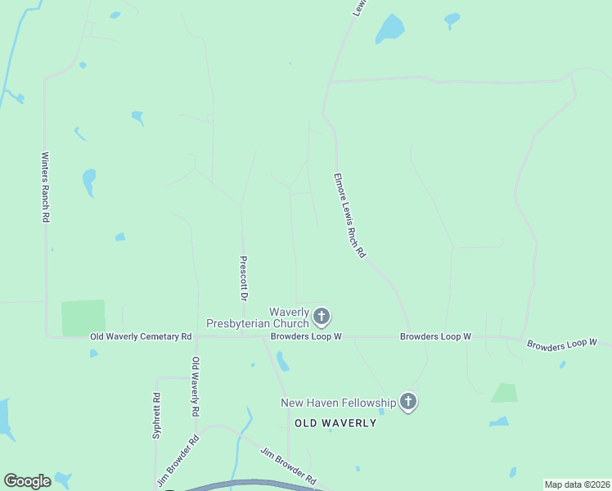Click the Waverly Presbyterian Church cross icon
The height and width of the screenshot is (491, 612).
point(322,316)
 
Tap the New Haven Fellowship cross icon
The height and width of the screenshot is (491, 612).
point(408,402)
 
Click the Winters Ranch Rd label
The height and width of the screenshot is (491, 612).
point(46,187)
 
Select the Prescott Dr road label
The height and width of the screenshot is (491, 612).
point(243,278)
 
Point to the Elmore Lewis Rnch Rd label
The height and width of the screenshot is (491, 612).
point(349,216)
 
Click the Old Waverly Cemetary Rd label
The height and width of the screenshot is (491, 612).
point(141,336)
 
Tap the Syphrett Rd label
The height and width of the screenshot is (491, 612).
point(156,416)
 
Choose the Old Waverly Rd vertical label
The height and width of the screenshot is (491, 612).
point(195,385)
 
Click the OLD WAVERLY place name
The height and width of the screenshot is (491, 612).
point(335,423)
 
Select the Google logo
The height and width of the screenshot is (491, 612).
point(27,481)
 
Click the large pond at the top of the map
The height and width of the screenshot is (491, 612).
point(389,29)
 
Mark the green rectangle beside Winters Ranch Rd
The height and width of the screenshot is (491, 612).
point(83,318)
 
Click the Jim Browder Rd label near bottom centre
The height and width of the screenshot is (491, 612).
point(288,465)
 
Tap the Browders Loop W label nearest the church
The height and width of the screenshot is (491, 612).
point(306,336)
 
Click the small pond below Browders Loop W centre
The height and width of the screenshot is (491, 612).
point(283,361)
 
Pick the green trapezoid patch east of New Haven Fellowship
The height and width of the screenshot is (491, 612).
point(506,394)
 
